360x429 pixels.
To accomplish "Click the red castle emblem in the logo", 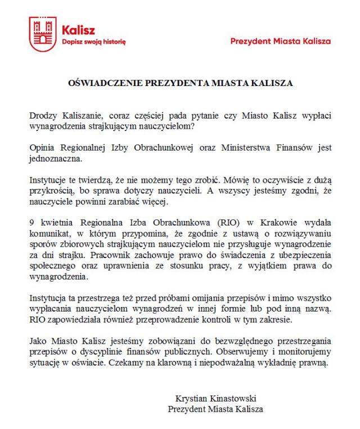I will point(43,34).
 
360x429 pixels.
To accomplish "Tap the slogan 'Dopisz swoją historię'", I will point(94,42).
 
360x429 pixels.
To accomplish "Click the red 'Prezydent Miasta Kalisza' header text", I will point(281,41).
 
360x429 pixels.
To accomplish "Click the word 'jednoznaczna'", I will point(55,159).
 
